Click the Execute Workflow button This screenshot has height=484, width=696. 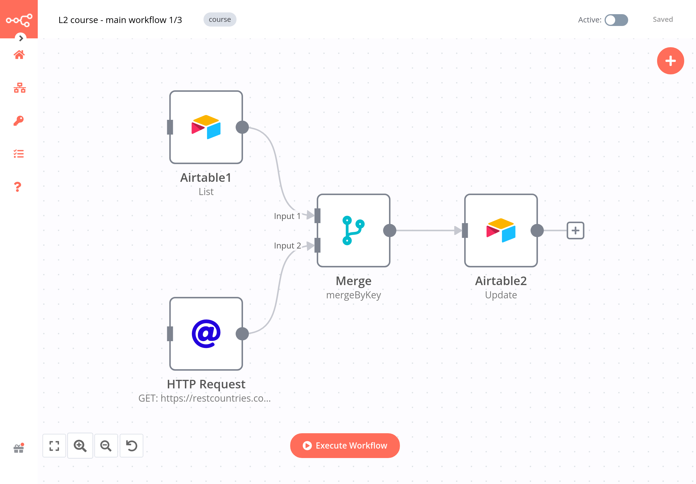(344, 445)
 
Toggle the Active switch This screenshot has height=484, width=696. (616, 20)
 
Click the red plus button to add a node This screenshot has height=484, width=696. (670, 61)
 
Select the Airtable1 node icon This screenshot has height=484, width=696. (206, 127)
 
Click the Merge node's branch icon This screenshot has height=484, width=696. (353, 230)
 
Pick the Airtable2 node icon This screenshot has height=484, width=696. (500, 230)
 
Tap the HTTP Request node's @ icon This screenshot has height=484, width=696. (206, 333)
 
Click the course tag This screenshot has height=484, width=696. (220, 19)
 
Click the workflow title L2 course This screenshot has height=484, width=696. (120, 20)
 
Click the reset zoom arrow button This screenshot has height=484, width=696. (131, 445)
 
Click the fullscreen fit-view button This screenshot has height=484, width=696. (54, 445)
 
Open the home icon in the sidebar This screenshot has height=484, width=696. (19, 55)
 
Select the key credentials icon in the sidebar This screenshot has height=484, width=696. (19, 120)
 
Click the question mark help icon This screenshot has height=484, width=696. (18, 187)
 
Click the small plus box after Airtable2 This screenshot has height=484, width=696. (575, 230)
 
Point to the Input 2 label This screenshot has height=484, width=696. (287, 245)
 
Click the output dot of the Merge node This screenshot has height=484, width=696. (389, 230)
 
